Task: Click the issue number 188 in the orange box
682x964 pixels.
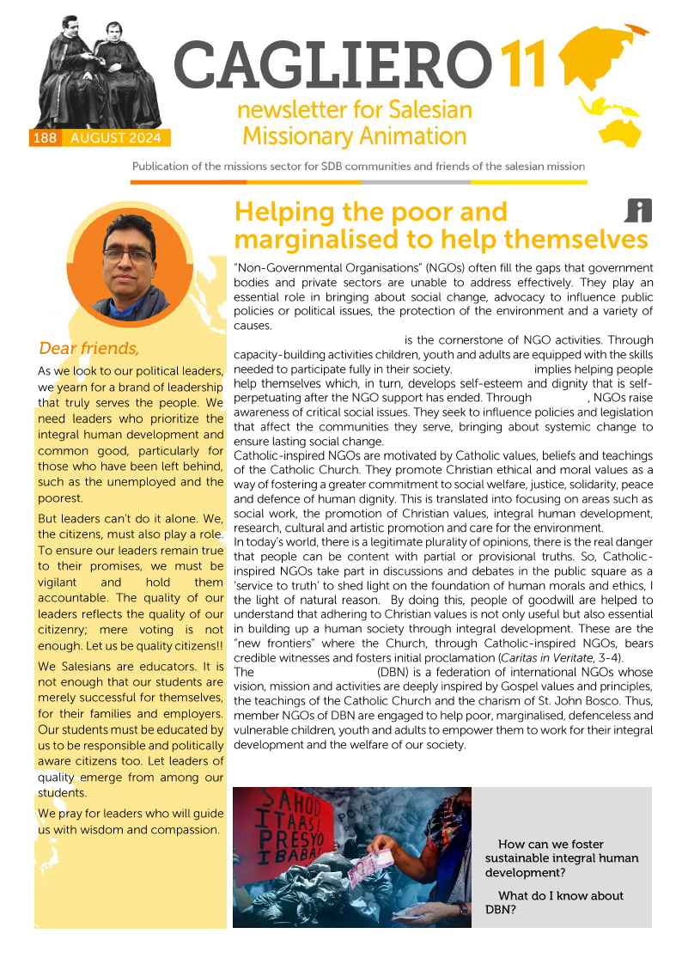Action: click(46, 138)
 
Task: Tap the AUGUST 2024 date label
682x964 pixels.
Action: click(116, 138)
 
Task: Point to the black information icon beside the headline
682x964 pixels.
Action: click(638, 210)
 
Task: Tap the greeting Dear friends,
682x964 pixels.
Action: click(88, 348)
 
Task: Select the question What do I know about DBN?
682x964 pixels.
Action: click(555, 902)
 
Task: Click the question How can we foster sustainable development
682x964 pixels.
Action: click(562, 858)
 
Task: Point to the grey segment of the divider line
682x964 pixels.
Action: click(416, 182)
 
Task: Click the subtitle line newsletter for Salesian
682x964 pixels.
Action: click(354, 111)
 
